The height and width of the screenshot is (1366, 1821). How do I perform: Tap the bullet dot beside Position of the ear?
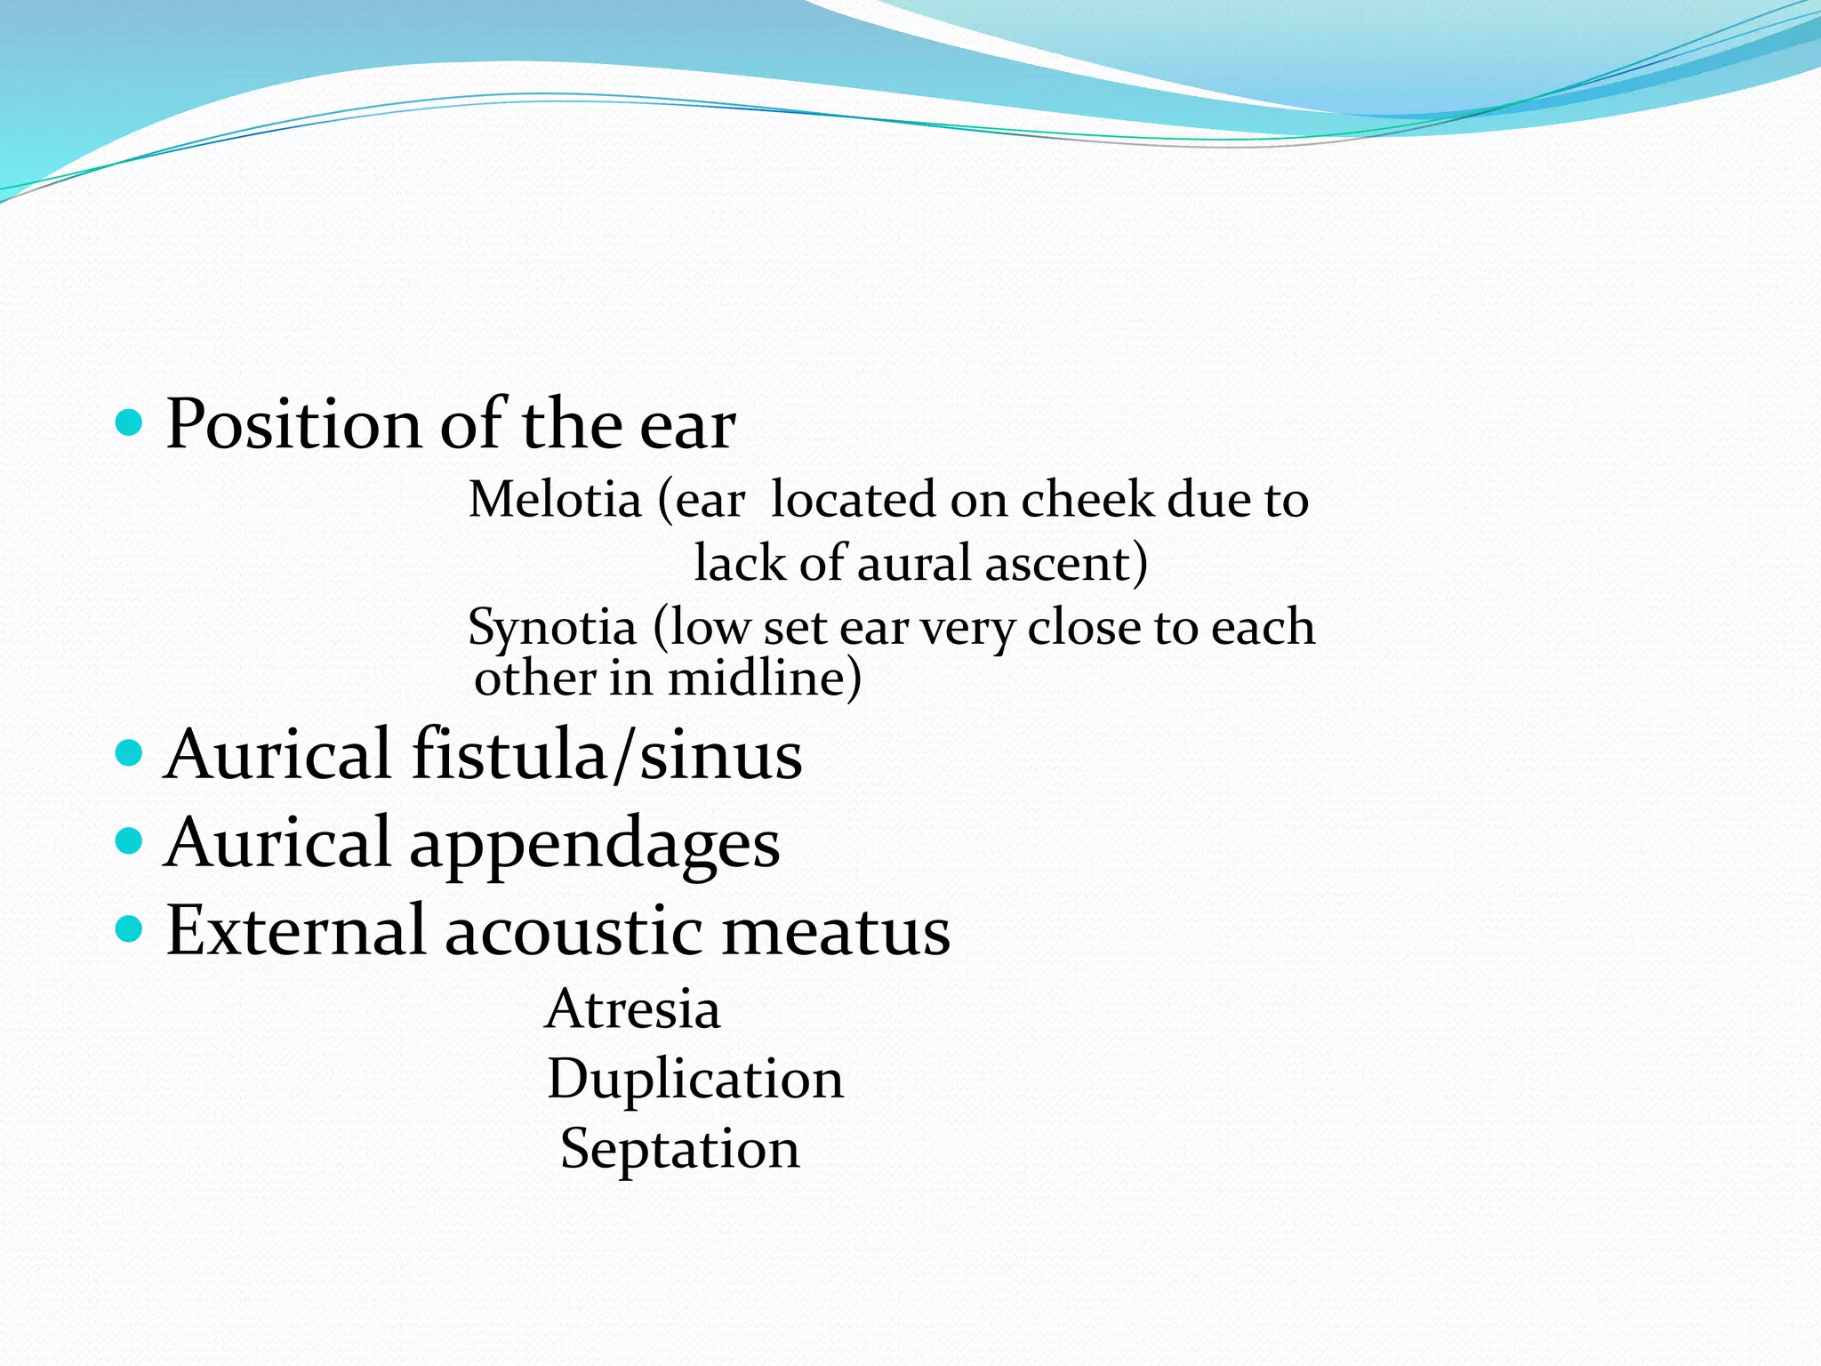(x=130, y=422)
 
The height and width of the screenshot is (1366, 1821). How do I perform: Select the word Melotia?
(x=555, y=500)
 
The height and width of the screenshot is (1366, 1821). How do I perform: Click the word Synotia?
(x=552, y=628)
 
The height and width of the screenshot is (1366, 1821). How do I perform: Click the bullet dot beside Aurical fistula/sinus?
(x=130, y=753)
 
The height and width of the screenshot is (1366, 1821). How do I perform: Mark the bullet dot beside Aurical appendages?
(x=130, y=840)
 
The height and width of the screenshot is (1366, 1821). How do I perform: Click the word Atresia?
(x=632, y=1010)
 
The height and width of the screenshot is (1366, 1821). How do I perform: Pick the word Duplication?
(x=695, y=1080)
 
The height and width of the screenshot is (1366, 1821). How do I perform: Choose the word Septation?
(x=680, y=1149)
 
